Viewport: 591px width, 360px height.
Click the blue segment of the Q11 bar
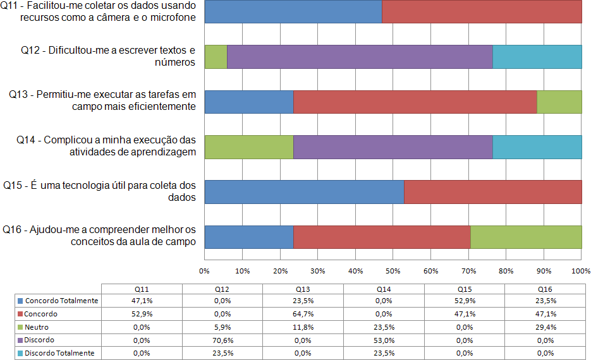click(293, 12)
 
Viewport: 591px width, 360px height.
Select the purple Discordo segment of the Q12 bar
click(359, 57)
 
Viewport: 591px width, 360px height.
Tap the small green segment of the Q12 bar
click(216, 57)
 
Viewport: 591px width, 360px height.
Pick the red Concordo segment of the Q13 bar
click(415, 102)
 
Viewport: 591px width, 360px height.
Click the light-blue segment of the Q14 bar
click(537, 147)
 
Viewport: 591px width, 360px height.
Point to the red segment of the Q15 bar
click(492, 191)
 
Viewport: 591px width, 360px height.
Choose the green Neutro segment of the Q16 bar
click(526, 236)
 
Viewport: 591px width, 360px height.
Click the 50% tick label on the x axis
click(393, 272)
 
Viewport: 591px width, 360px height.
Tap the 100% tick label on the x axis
click(580, 272)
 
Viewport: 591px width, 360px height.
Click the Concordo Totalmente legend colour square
click(21, 301)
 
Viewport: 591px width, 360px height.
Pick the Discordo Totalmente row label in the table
click(60, 353)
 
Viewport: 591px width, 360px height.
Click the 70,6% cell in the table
click(222, 340)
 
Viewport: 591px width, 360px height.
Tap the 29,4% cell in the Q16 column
click(544, 327)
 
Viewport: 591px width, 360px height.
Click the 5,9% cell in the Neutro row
click(222, 327)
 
